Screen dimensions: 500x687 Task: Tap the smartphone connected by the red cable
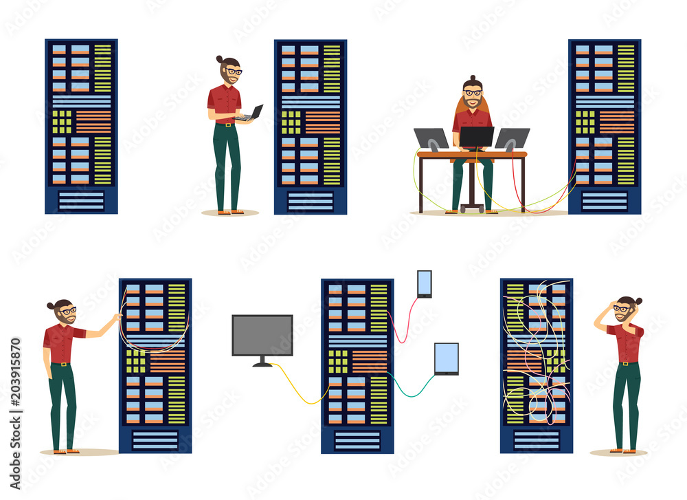[x=425, y=283]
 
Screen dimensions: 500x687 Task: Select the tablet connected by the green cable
[x=447, y=358]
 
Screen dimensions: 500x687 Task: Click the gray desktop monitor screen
[x=262, y=335]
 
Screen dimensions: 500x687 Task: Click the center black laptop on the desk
[x=477, y=136]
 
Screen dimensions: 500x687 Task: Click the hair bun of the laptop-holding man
[x=220, y=59]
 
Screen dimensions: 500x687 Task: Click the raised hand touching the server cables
[x=117, y=317]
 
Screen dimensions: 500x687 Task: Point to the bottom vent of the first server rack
[x=81, y=200]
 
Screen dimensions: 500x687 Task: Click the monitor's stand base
[x=262, y=364]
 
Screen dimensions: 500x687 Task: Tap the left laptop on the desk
[x=431, y=138]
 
